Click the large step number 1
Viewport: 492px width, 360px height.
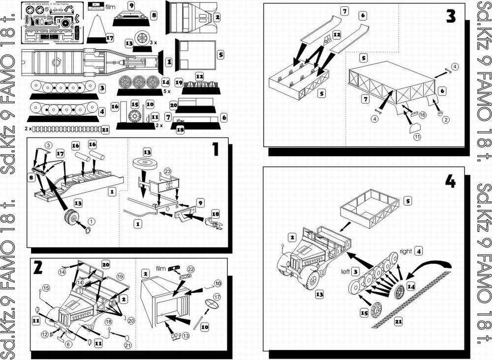pos(215,149)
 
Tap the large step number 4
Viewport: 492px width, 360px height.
pos(450,181)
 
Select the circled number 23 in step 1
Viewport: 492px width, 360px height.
pos(167,172)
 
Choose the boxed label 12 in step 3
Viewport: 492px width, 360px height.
pos(337,35)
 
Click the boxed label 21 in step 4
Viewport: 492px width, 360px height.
pos(385,322)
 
